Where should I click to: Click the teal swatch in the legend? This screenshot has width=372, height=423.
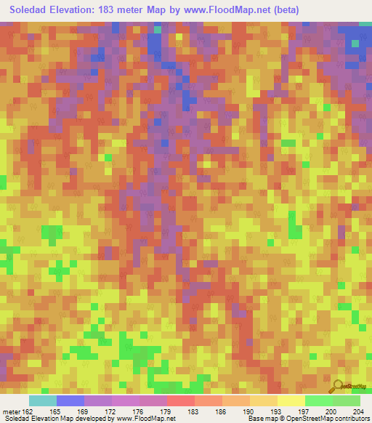42,400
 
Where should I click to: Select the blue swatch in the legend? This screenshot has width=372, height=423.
70,400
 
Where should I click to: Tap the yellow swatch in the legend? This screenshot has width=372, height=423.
291,400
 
